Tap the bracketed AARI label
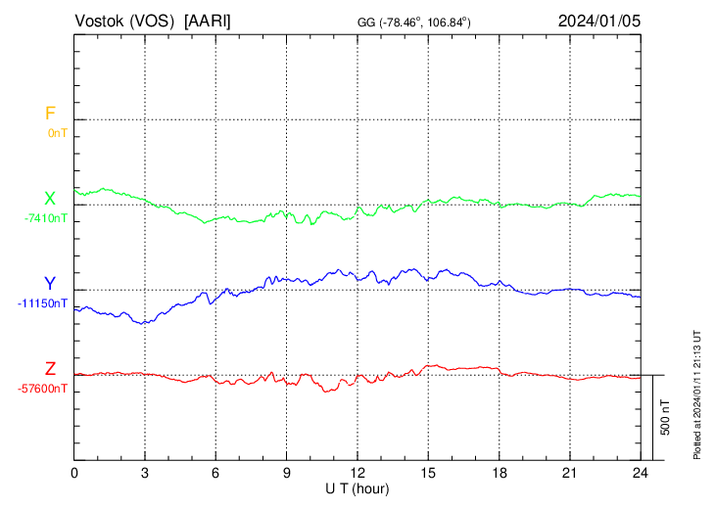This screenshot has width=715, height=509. point(209,21)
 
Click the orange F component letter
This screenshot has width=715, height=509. point(49,115)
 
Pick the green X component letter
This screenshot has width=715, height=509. point(49,200)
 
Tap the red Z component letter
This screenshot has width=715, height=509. point(49,369)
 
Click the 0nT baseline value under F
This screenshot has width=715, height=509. point(57,132)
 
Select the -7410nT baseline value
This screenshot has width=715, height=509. point(46,218)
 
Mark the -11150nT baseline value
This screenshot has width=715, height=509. point(43,303)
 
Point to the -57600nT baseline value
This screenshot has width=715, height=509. point(43,389)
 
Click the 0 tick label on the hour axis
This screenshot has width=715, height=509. point(74,473)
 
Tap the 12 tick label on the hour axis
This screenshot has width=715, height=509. point(357,473)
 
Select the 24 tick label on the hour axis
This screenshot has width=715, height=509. point(641,473)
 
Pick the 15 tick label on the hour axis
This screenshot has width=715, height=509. point(428,473)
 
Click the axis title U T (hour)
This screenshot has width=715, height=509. point(357,487)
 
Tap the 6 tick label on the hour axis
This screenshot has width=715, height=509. point(215,473)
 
